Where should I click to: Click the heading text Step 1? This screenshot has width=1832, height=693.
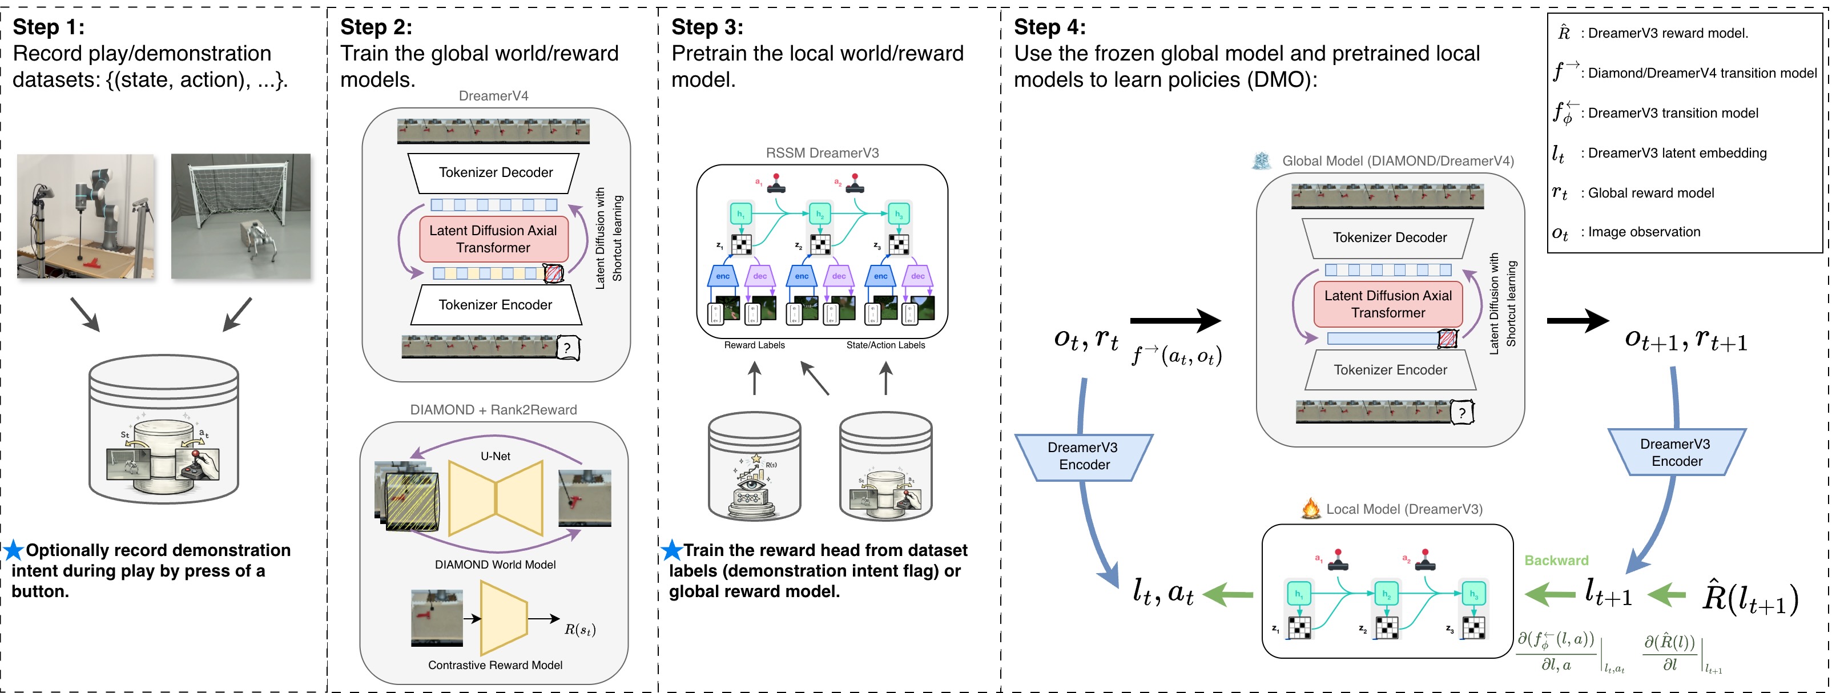(49, 27)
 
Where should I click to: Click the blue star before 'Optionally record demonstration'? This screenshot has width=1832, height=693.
(14, 550)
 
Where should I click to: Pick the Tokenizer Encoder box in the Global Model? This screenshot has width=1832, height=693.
(1390, 369)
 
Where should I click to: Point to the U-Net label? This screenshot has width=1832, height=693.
(495, 456)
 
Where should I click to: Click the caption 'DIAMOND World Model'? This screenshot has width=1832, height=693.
(495, 565)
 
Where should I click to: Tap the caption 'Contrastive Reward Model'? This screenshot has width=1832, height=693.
(495, 665)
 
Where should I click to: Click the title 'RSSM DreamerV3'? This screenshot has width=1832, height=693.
(822, 153)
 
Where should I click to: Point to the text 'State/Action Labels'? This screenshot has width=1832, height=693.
(885, 345)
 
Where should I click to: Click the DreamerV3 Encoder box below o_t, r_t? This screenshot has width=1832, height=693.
(1083, 456)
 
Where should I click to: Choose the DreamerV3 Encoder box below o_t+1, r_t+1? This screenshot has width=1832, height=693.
(1676, 453)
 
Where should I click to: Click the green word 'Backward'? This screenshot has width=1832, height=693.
(1556, 560)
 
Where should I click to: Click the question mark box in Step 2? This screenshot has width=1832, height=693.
(567, 348)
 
